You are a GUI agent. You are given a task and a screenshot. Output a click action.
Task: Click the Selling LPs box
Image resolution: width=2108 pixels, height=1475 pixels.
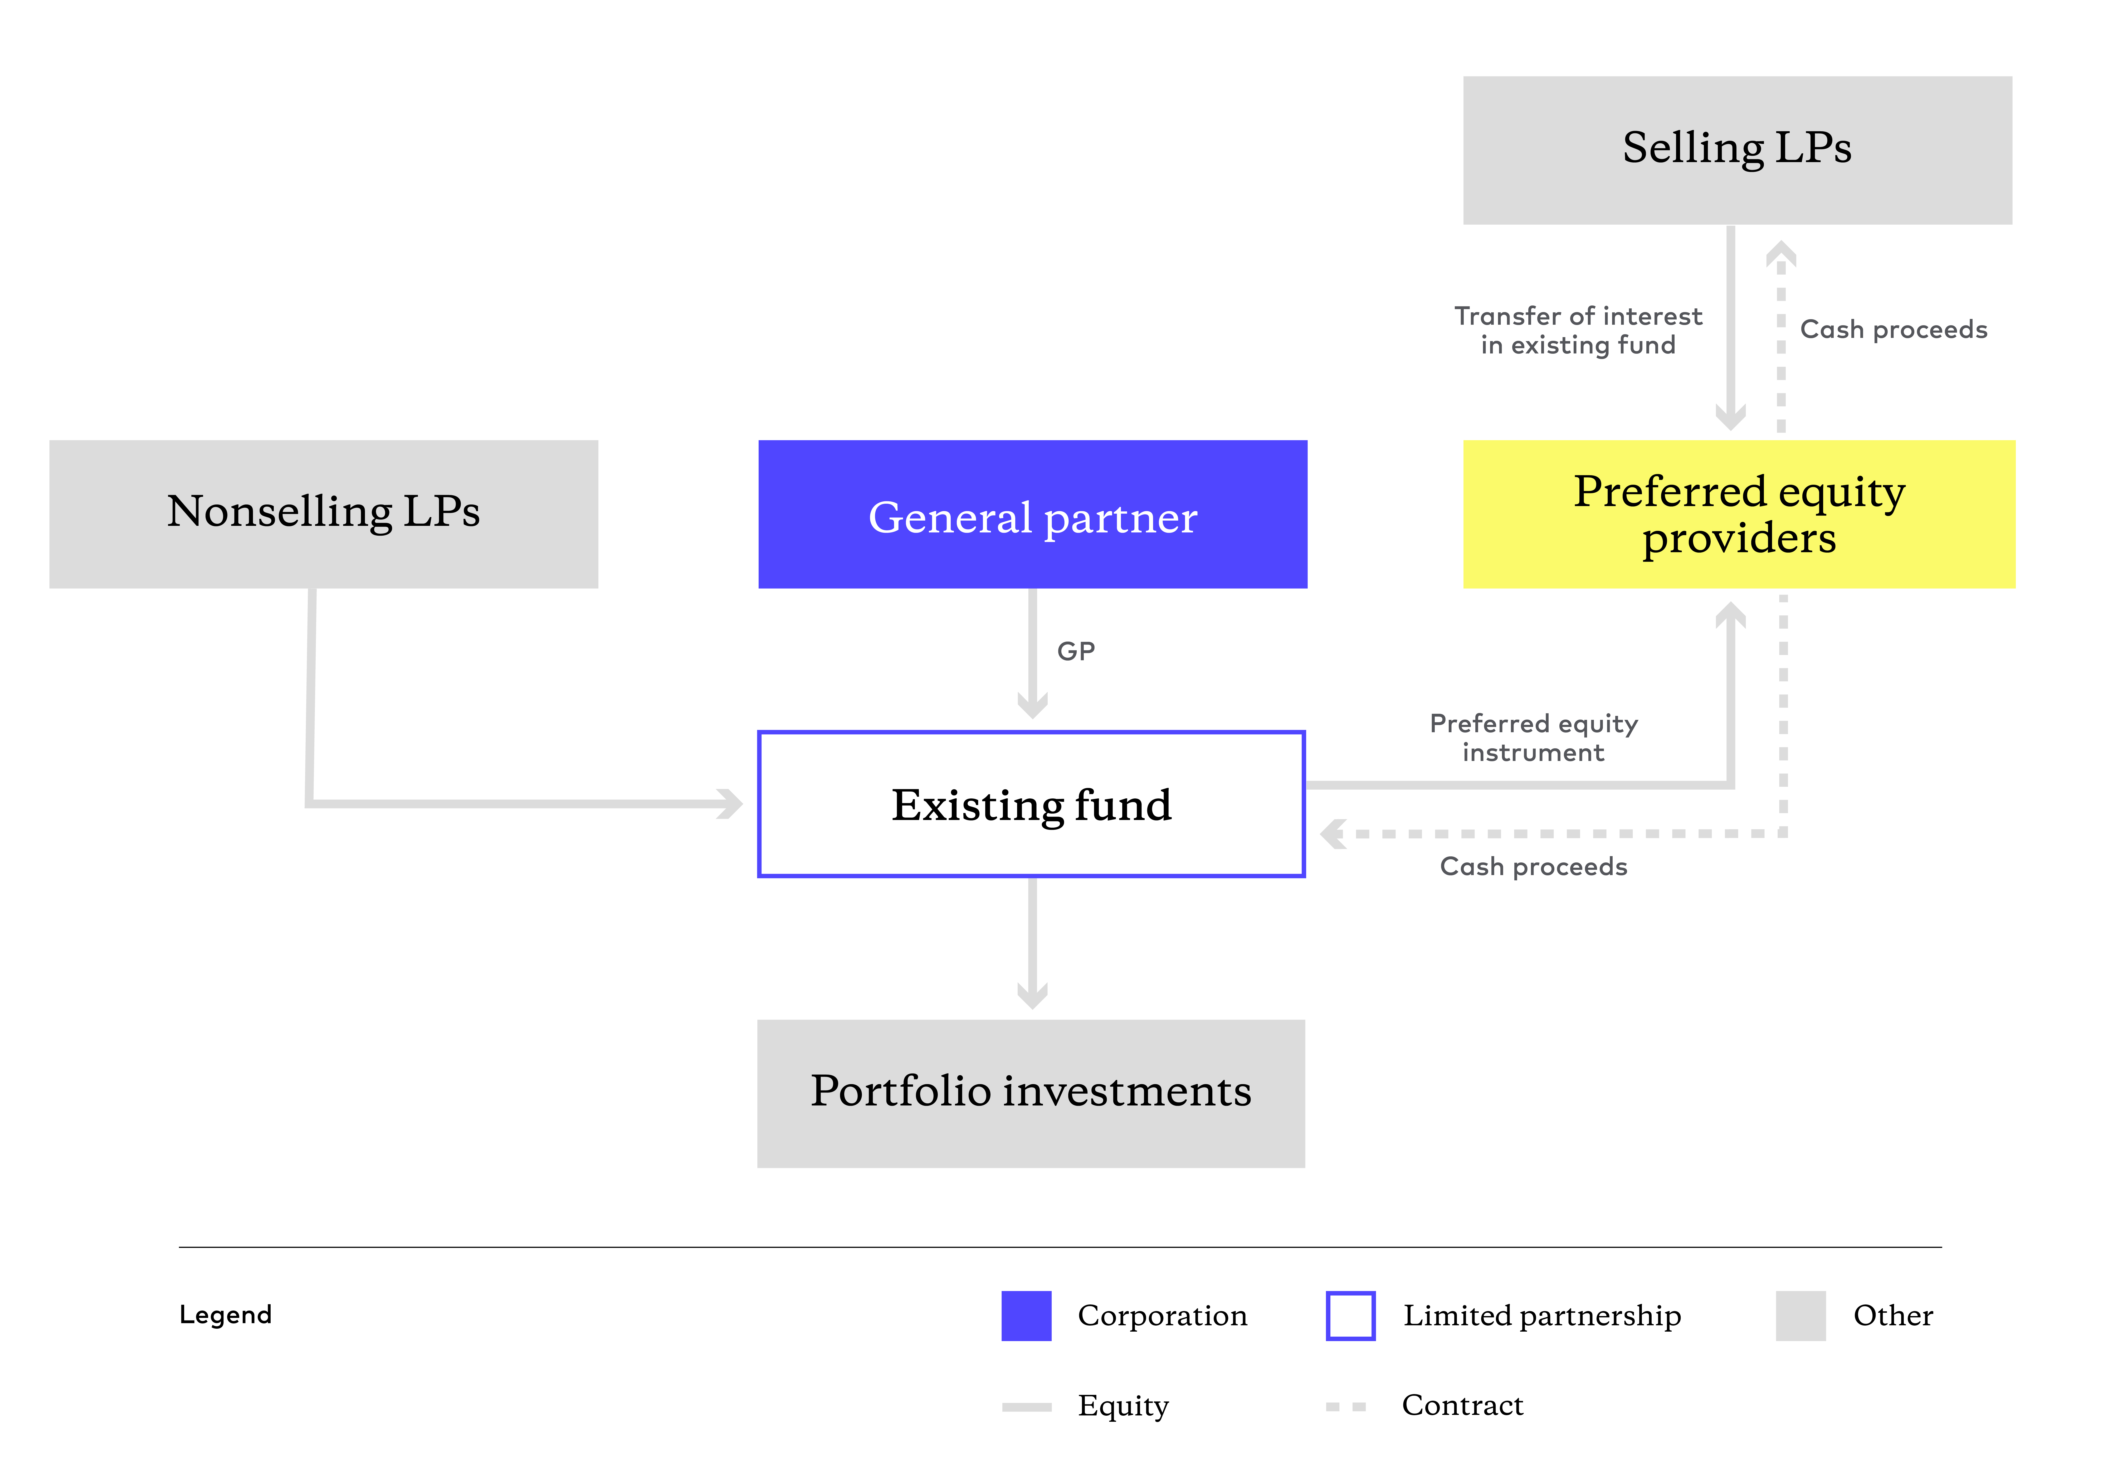click(1737, 151)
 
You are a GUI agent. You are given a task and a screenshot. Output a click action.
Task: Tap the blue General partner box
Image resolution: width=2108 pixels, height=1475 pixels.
click(1033, 514)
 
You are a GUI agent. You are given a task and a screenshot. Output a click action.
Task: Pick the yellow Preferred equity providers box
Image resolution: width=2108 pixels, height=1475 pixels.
click(1739, 514)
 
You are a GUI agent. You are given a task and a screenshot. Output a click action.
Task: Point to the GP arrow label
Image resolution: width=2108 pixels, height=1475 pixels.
click(1076, 651)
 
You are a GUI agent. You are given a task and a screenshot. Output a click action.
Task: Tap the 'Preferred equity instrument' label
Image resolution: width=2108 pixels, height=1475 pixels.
click(1533, 737)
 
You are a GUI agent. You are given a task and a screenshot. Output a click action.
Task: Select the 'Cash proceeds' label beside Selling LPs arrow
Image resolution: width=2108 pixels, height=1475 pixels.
click(1893, 330)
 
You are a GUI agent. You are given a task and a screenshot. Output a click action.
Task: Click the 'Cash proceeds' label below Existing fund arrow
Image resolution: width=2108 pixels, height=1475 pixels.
click(1533, 866)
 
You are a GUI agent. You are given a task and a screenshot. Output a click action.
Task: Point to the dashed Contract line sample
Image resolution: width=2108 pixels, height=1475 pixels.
click(1346, 1406)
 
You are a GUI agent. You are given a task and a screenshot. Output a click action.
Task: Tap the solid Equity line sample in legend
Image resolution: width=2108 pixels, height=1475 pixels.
click(1026, 1406)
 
